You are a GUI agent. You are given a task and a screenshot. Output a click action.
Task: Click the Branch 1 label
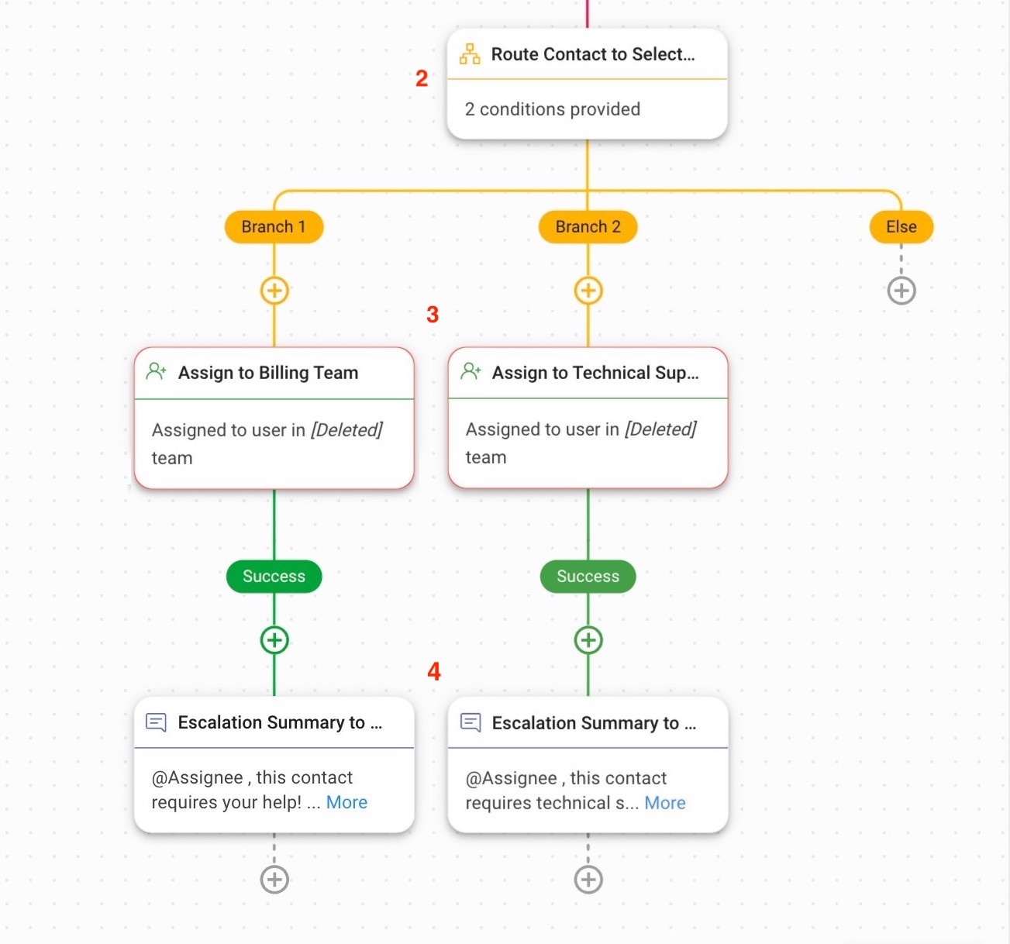[274, 227]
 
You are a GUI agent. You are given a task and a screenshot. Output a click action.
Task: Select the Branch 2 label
[588, 227]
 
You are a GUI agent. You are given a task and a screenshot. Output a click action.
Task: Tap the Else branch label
[901, 227]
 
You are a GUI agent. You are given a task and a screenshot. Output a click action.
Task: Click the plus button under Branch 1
[274, 291]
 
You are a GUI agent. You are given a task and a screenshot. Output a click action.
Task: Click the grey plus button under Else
[901, 291]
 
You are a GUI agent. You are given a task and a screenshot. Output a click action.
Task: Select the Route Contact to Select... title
[593, 54]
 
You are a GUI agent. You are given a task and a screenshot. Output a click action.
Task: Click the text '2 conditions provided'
[552, 109]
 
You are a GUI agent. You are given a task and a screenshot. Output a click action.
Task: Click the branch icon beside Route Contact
[470, 54]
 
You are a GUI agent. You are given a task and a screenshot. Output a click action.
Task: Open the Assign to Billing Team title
[268, 373]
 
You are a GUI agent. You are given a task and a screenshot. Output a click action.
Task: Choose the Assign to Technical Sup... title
[595, 373]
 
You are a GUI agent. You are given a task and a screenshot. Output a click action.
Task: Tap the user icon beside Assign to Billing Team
[157, 372]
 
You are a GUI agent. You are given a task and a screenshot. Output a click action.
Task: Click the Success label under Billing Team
[274, 577]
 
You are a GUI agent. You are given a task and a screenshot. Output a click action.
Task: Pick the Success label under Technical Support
[588, 577]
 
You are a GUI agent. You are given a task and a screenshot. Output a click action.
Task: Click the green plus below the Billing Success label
[274, 640]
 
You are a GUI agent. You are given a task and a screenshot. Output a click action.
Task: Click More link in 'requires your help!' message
[346, 803]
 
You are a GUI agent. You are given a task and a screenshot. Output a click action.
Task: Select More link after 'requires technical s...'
[665, 804]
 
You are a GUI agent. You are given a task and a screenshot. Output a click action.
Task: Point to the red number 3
[433, 315]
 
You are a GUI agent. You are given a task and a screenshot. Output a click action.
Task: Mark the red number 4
[434, 671]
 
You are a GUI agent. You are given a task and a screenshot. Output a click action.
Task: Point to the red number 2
[422, 78]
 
